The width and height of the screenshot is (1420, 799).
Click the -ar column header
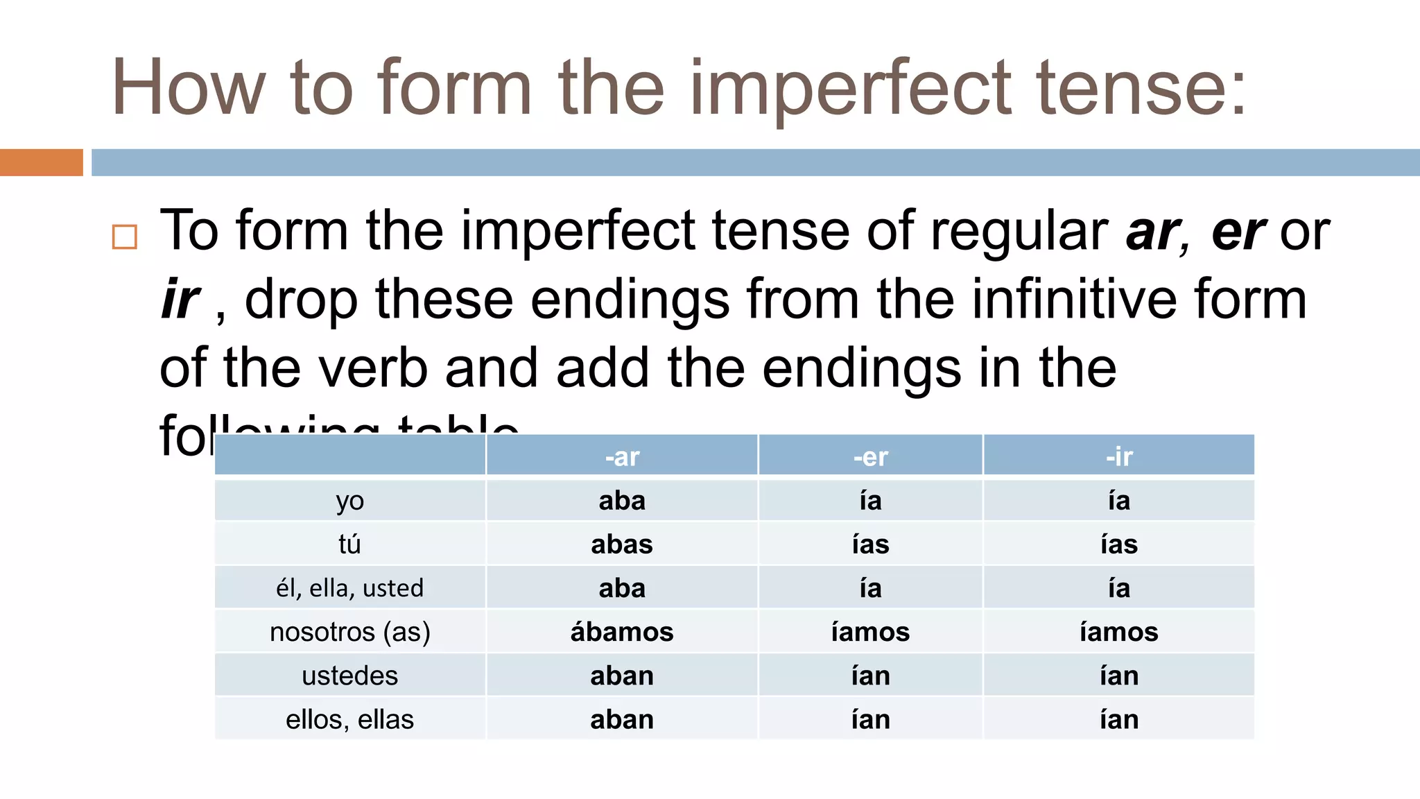[622, 457]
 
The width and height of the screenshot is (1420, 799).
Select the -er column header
[870, 457]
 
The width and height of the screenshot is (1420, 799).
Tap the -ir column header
[1118, 457]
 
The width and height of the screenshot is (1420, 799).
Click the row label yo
[349, 501]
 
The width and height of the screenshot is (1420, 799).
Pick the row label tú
[349, 544]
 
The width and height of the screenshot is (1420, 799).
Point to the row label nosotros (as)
[349, 632]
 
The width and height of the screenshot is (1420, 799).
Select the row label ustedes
[349, 676]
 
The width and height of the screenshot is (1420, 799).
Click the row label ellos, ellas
[349, 719]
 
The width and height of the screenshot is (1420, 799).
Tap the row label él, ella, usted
[349, 588]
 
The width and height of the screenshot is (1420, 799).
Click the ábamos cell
[622, 632]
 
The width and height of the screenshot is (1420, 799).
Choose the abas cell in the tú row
[622, 544]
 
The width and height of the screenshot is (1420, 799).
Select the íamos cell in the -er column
[870, 632]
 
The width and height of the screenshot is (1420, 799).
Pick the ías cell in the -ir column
[1118, 544]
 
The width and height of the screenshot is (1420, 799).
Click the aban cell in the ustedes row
[622, 676]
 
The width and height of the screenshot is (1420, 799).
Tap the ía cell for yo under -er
[870, 501]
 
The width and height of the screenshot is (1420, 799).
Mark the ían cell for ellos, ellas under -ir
[1118, 719]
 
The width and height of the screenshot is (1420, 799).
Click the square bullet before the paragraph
[125, 237]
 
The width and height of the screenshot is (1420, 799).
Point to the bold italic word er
[1238, 232]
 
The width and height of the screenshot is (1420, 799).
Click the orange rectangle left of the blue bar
[42, 162]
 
